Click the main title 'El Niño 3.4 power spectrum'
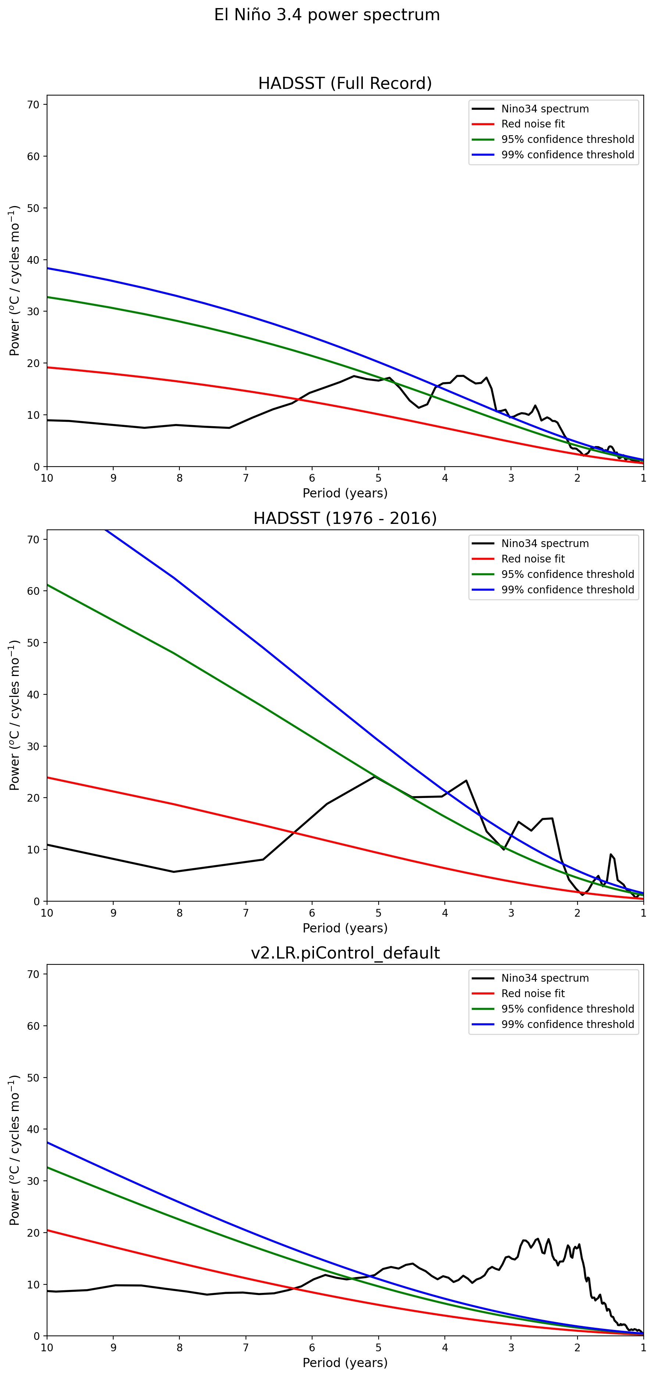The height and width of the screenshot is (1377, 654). [327, 15]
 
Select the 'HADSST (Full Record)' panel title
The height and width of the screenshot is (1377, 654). [345, 83]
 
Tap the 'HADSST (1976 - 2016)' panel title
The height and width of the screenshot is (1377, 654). [345, 518]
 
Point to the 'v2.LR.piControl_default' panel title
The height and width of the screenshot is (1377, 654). [345, 953]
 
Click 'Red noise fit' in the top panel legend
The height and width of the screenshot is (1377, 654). [533, 124]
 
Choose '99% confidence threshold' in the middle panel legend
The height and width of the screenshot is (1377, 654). [567, 590]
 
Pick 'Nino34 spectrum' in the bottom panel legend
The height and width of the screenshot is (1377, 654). [545, 978]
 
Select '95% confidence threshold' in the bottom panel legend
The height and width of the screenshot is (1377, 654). [567, 1009]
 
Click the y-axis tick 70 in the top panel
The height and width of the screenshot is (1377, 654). [33, 105]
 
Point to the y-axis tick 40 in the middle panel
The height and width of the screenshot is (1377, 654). [33, 694]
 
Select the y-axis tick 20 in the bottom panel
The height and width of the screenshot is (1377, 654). [33, 1233]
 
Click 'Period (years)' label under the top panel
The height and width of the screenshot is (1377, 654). [345, 493]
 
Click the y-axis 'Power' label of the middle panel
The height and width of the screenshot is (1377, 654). [14, 715]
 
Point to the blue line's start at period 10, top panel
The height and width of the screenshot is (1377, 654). [47, 268]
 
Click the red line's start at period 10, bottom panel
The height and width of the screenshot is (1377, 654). [47, 1230]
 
